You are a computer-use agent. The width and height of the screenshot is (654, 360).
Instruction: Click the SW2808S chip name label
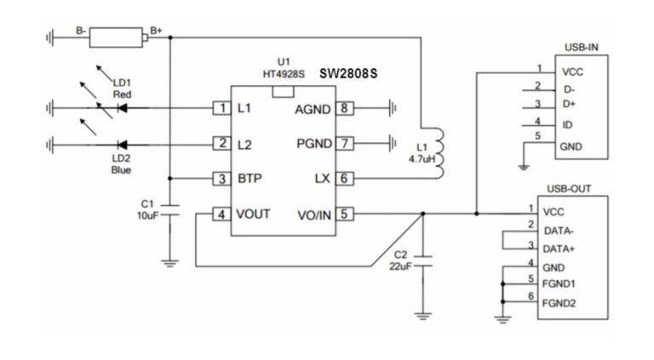(348, 74)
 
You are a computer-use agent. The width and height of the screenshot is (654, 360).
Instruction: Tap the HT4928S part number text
(284, 74)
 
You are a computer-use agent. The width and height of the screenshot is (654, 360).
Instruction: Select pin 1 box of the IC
(221, 108)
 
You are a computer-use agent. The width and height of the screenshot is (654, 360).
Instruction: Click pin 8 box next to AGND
(344, 108)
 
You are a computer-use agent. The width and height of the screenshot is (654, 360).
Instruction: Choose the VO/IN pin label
(313, 214)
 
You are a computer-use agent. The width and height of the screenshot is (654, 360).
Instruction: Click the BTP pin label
(250, 179)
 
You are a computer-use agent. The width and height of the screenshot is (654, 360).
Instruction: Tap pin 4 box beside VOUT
(221, 214)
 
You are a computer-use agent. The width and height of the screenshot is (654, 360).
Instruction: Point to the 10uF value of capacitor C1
(147, 216)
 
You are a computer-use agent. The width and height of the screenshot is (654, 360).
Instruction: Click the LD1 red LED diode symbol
(121, 108)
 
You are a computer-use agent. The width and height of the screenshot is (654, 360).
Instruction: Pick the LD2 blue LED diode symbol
(121, 144)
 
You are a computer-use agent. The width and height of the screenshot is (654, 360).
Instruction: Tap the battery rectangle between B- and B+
(118, 37)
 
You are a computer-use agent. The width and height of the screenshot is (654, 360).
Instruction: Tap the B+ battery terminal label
(156, 30)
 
